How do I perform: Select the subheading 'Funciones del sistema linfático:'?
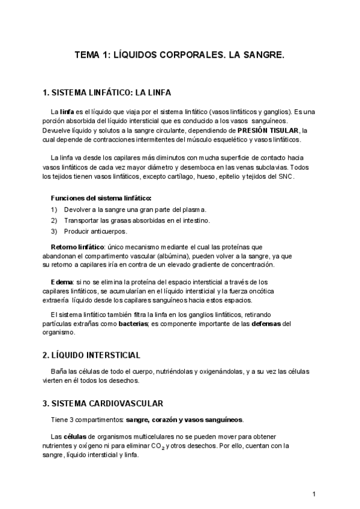(101, 197)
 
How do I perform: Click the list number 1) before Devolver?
(54, 209)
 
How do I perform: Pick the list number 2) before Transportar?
(54, 220)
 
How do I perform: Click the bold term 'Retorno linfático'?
(78, 246)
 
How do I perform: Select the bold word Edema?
(62, 281)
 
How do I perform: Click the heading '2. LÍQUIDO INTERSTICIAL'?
(91, 355)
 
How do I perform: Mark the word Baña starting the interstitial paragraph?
(59, 371)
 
